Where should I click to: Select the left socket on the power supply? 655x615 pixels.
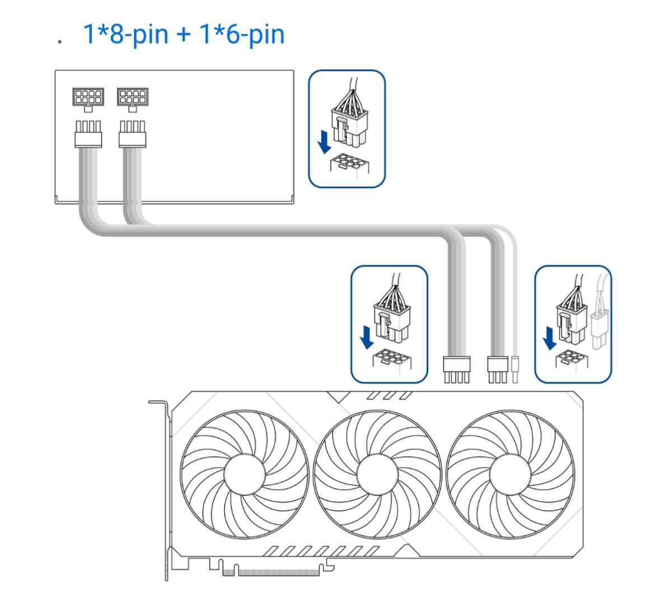(88, 96)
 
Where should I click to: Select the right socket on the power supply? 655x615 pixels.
(132, 96)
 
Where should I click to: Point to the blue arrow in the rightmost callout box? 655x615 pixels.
(550, 337)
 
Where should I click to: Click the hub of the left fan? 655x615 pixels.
(245, 475)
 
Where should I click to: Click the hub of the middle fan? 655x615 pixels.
(378, 475)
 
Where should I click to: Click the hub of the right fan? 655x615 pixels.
(510, 475)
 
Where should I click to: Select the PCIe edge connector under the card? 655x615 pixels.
(277, 571)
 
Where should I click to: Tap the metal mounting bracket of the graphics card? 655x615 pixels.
(167, 487)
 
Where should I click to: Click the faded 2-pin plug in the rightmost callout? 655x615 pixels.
(598, 330)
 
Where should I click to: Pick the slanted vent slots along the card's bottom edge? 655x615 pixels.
(322, 551)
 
